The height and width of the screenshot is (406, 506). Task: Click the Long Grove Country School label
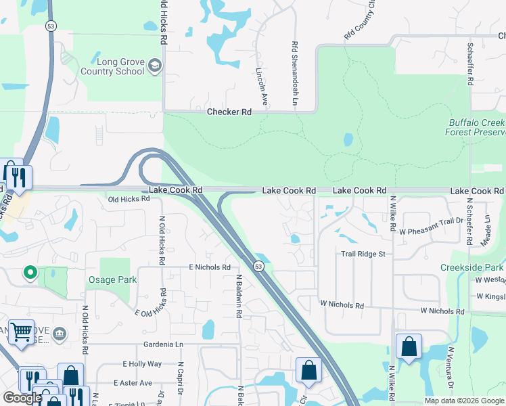[x=112, y=66]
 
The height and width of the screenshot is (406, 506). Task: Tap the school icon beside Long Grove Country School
[x=155, y=66]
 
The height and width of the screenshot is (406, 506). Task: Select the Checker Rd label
[x=229, y=112]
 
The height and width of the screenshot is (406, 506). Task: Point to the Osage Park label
[x=112, y=279]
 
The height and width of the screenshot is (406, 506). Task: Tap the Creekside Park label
[x=472, y=267]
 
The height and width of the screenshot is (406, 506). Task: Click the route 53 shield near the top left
[x=51, y=26]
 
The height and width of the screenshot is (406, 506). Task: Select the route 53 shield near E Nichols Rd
[x=258, y=266]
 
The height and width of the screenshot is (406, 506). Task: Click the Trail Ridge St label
[x=363, y=254]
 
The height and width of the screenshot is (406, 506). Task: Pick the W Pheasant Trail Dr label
[x=430, y=221]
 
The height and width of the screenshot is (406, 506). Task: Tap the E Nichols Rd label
[x=210, y=267]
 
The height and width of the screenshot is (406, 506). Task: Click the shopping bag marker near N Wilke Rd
[x=409, y=346]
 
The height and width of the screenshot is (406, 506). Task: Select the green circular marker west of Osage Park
[x=30, y=273]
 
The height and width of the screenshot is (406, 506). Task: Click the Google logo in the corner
[x=22, y=398]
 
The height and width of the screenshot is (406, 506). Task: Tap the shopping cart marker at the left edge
[x=21, y=332]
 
